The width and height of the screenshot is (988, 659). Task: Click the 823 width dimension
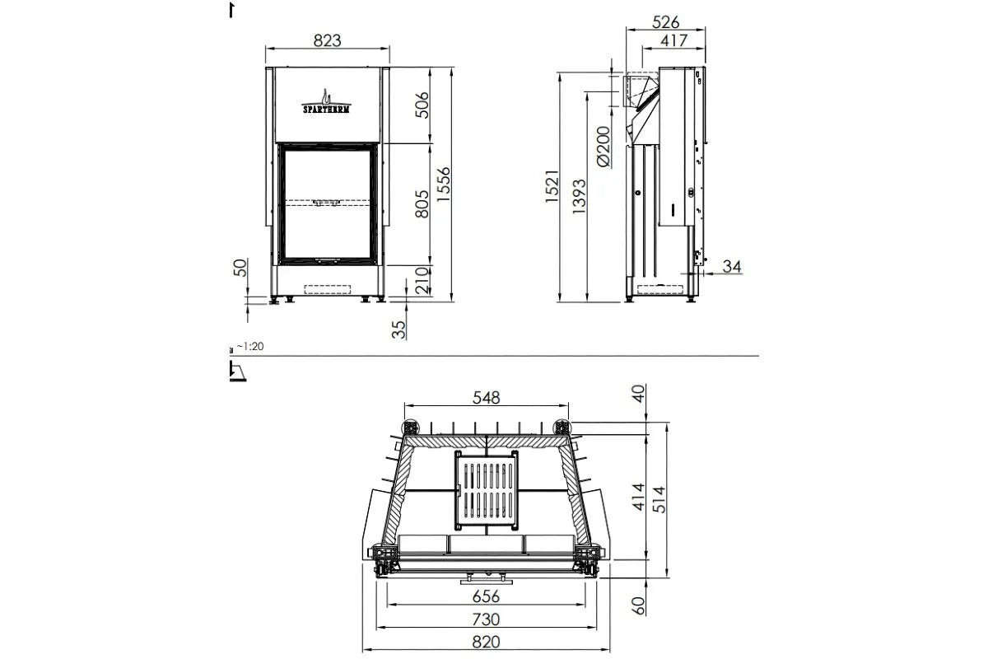[x=328, y=40]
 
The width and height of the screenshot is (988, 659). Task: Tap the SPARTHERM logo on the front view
[x=326, y=102]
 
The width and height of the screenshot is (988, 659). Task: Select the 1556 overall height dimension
[x=444, y=185]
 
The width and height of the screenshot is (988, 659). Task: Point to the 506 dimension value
[x=422, y=105]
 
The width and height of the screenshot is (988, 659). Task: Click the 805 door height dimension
[x=422, y=204]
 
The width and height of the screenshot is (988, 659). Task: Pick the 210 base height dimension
[x=422, y=281]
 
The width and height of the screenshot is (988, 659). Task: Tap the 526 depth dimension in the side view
[x=665, y=22]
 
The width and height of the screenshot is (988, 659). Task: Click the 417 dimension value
[x=674, y=40]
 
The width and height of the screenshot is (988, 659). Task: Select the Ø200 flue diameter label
[x=604, y=147]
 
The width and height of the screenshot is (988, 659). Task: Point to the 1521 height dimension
[x=552, y=186]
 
